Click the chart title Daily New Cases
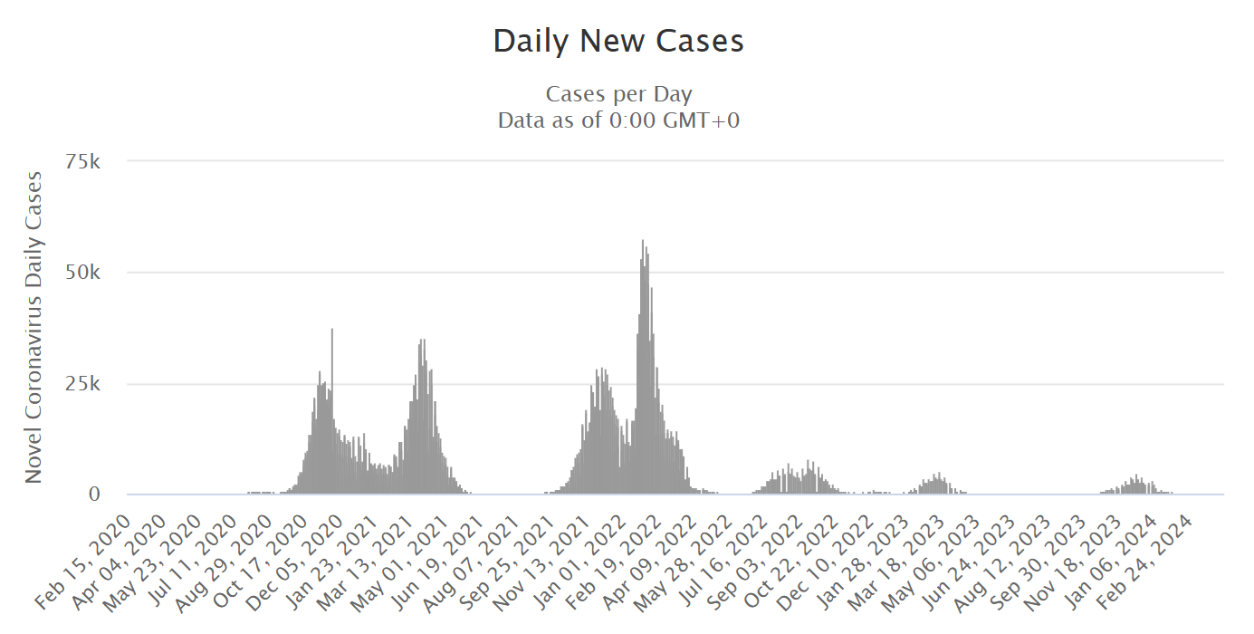[618, 42]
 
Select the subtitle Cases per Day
[618, 94]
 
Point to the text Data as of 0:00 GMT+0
[618, 120]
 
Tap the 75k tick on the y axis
[94, 161]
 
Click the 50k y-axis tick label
[94, 273]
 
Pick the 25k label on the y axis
[94, 384]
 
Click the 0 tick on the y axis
[107, 495]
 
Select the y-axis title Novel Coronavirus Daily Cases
[34, 326]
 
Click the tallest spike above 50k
[643, 242]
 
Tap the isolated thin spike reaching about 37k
[332, 330]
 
